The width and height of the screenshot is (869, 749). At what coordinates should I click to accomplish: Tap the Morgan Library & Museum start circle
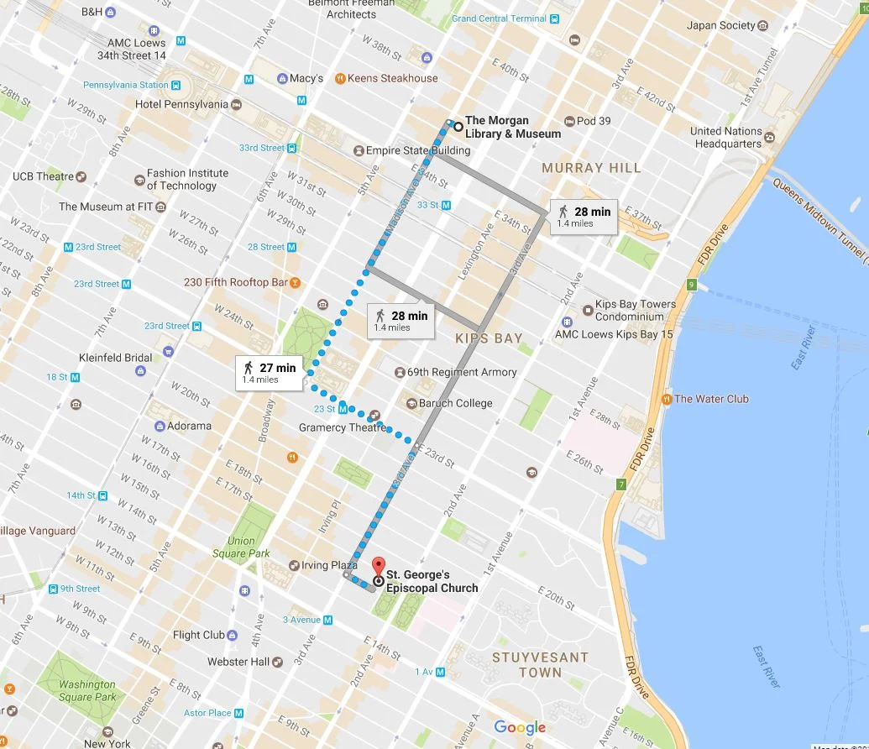458,127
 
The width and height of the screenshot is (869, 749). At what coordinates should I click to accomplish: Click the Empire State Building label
417,151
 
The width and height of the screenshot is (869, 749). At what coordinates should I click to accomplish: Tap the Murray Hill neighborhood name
591,168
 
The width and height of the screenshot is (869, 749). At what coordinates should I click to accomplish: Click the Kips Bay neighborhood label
489,338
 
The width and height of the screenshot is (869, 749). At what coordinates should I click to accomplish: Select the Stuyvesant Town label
540,665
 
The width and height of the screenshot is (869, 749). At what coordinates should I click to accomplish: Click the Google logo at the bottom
520,728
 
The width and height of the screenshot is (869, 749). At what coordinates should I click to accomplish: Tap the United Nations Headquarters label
726,137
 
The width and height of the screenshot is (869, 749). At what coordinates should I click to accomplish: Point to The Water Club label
711,399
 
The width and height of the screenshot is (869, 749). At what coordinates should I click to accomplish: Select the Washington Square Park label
87,690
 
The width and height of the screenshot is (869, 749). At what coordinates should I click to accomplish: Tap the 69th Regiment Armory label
461,372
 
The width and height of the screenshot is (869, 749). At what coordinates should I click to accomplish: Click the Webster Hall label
238,662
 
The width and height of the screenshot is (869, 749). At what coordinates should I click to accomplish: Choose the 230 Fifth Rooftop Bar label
236,283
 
